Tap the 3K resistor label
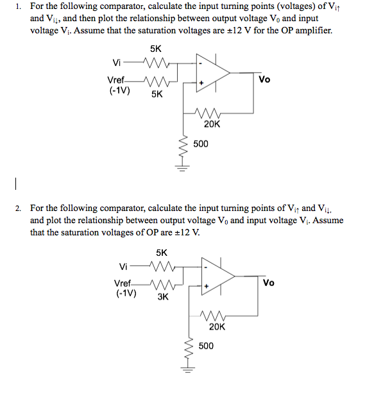click(162, 297)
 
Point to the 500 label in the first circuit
click(201, 144)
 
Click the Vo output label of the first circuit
click(265, 80)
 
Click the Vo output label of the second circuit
click(269, 282)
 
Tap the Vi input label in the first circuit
click(117, 63)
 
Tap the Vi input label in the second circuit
click(124, 266)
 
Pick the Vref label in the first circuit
click(117, 81)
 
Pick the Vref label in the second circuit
click(124, 283)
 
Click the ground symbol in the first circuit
click(183, 169)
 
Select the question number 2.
click(20, 208)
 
